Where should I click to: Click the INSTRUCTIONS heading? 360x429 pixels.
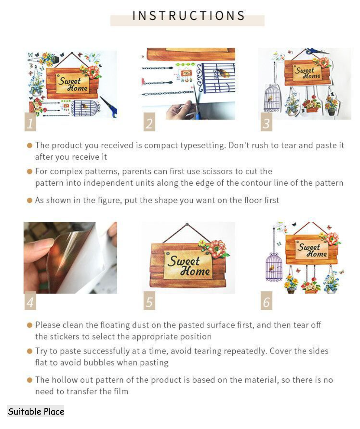click(188, 16)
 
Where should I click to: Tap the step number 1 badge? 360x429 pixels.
click(30, 122)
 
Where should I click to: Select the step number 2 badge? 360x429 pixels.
click(149, 122)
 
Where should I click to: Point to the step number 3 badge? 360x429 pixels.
click(266, 122)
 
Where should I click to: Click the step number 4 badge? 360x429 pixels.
click(30, 300)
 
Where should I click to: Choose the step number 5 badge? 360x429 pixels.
click(149, 300)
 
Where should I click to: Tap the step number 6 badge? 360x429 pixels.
click(266, 300)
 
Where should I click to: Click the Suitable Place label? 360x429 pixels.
click(36, 412)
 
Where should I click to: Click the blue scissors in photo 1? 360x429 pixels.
click(109, 107)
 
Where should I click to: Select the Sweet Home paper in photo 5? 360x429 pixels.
click(188, 265)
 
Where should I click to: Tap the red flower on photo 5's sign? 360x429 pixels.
click(218, 248)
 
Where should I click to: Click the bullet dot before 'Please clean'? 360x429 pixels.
click(30, 325)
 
